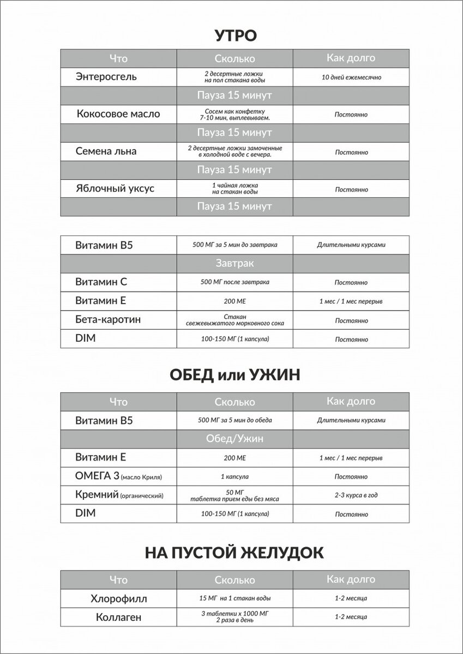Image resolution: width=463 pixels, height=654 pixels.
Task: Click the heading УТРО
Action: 234,36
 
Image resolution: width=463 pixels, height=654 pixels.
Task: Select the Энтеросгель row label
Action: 106,77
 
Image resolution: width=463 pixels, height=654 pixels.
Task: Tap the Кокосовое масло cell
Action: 118,114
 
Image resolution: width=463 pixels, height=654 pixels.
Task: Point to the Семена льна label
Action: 106,152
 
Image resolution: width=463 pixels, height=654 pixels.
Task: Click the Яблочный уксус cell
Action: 115,189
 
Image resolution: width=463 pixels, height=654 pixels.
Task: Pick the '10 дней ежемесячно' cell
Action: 351,77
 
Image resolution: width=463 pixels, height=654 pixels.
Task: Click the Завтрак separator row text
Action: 234,263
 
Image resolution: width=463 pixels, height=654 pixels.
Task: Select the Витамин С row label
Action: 101,282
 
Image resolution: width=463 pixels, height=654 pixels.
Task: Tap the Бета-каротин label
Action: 107,319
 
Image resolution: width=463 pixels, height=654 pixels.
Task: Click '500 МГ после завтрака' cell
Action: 234,282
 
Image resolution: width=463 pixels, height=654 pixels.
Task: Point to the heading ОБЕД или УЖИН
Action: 234,376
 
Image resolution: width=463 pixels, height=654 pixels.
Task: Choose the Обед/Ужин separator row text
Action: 234,439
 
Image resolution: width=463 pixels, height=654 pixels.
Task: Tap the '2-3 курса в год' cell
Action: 351,495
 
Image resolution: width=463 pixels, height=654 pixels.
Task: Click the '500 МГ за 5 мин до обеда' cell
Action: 234,421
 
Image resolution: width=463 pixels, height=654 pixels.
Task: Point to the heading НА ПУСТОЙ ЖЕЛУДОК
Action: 234,553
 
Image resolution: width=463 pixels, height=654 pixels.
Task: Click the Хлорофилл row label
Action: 118,598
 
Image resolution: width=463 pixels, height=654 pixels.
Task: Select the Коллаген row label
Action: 118,617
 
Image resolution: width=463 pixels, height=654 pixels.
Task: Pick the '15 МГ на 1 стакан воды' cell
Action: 234,598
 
